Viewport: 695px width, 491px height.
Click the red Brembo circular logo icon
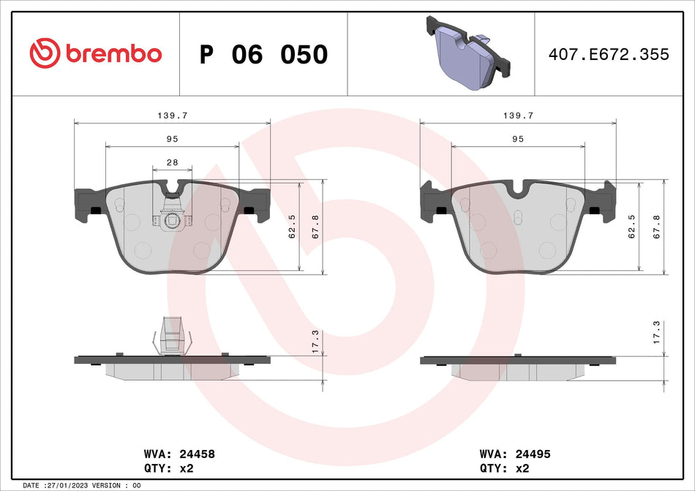pyautogui.click(x=45, y=53)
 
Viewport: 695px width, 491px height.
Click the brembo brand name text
pyautogui.click(x=113, y=54)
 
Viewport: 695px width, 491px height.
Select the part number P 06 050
pyautogui.click(x=263, y=54)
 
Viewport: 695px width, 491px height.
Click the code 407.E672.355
pyautogui.click(x=609, y=54)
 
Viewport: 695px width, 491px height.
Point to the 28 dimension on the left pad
pyautogui.click(x=172, y=162)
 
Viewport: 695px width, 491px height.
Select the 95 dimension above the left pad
pyautogui.click(x=172, y=139)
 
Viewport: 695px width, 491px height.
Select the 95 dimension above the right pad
pyautogui.click(x=517, y=139)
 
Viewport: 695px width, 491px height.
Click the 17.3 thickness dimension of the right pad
pyautogui.click(x=656, y=332)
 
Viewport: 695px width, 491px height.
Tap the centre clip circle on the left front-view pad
pyautogui.click(x=172, y=220)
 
